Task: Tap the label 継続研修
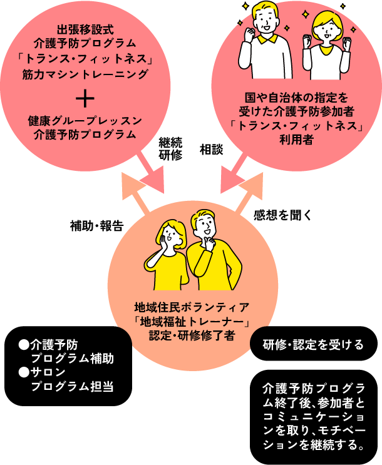tap(170, 150)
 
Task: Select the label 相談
tap(211, 150)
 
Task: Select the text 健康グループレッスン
tap(85, 120)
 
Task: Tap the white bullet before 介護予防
tap(24, 343)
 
